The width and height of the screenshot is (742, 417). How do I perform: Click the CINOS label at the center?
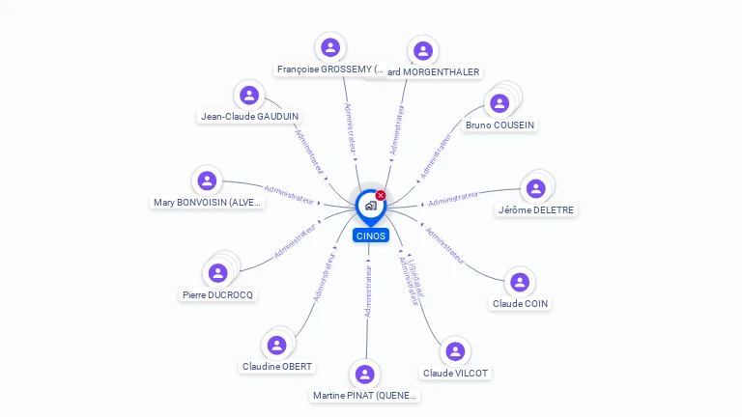(370, 236)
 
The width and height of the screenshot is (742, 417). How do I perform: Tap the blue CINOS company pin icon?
(370, 206)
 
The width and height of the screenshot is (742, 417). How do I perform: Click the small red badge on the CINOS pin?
(381, 196)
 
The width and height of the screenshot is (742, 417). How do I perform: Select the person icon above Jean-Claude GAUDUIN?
(249, 95)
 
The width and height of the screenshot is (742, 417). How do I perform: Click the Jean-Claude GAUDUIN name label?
(249, 117)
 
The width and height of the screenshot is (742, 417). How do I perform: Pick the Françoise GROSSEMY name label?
(330, 69)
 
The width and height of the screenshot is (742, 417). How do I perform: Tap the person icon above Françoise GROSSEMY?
(330, 47)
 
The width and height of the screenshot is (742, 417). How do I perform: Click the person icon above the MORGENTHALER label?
(422, 50)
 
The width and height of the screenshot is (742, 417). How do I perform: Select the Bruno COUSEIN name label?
(499, 125)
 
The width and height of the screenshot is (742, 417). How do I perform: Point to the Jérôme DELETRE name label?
(536, 210)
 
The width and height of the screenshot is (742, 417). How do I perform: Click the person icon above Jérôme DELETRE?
(536, 188)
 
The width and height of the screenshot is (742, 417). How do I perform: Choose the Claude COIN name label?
(520, 304)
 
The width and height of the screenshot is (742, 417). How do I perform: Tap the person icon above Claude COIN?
(520, 282)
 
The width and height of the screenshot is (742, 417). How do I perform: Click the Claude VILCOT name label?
(455, 374)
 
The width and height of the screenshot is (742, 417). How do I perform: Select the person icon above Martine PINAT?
(364, 374)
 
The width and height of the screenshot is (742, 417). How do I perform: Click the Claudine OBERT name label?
(277, 367)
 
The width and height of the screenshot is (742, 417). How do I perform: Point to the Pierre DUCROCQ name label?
(218, 295)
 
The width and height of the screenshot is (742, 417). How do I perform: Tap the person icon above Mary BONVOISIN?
(207, 181)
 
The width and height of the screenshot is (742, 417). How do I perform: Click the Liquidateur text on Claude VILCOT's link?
(416, 276)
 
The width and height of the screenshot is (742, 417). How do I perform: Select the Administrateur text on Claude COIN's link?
(445, 246)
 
